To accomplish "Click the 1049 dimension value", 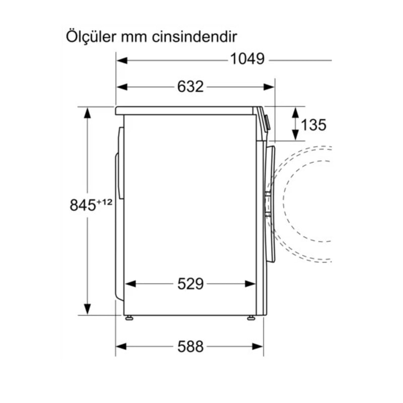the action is click(x=247, y=59).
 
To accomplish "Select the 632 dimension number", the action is click(x=190, y=87).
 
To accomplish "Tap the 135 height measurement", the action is click(x=313, y=125).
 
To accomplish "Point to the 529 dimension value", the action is click(x=190, y=284).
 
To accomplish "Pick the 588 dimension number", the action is click(x=190, y=347).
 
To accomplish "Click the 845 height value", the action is click(x=83, y=206).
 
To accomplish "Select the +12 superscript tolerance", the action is click(x=105, y=203).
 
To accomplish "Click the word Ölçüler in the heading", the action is click(x=91, y=37).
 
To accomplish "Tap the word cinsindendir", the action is click(x=194, y=37).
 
